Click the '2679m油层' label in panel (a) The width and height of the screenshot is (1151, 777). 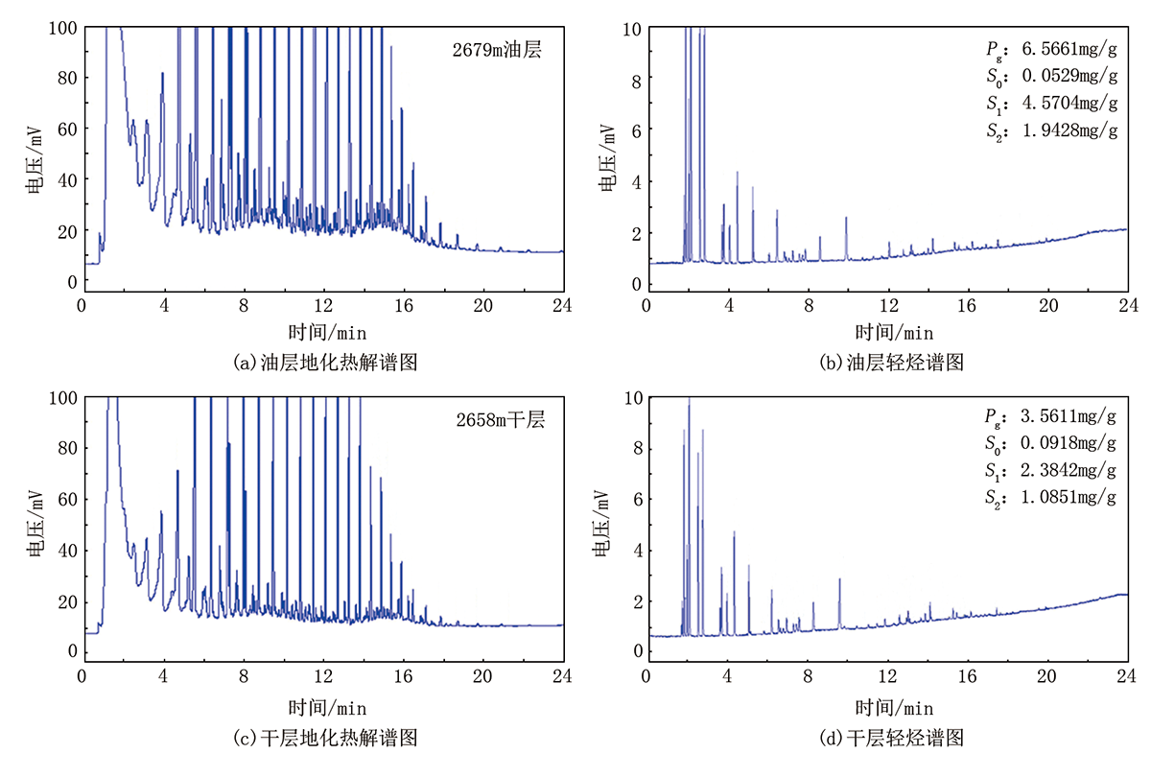coord(497,50)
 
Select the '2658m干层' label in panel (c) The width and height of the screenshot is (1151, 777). coord(501,420)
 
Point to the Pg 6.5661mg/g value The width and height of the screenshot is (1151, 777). coord(1051,50)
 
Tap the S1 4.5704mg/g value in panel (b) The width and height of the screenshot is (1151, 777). coord(1052,104)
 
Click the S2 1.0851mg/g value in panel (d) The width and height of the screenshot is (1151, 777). coord(1050,498)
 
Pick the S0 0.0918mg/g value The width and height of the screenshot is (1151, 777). coord(1050,443)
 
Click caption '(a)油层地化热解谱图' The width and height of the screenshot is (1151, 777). coord(325,363)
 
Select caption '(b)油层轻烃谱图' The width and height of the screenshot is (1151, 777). coord(891,363)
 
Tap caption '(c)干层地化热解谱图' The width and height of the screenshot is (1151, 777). coord(325,738)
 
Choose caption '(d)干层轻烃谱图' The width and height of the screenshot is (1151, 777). coord(891,738)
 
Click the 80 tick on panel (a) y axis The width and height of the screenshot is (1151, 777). coord(67,78)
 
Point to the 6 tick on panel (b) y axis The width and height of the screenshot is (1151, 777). coord(637,131)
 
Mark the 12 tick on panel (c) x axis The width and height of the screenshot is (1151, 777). coord(324,675)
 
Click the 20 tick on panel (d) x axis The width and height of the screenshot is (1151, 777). coord(1047,675)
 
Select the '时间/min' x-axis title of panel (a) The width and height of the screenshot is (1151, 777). coord(327,333)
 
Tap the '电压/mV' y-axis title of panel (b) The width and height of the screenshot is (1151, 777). coord(607,157)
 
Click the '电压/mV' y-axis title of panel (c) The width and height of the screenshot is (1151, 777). coord(35,524)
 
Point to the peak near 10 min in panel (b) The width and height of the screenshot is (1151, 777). coord(846,218)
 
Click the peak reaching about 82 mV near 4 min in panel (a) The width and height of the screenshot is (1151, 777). coord(162,74)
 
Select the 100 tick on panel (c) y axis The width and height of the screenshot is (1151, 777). coord(62,398)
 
